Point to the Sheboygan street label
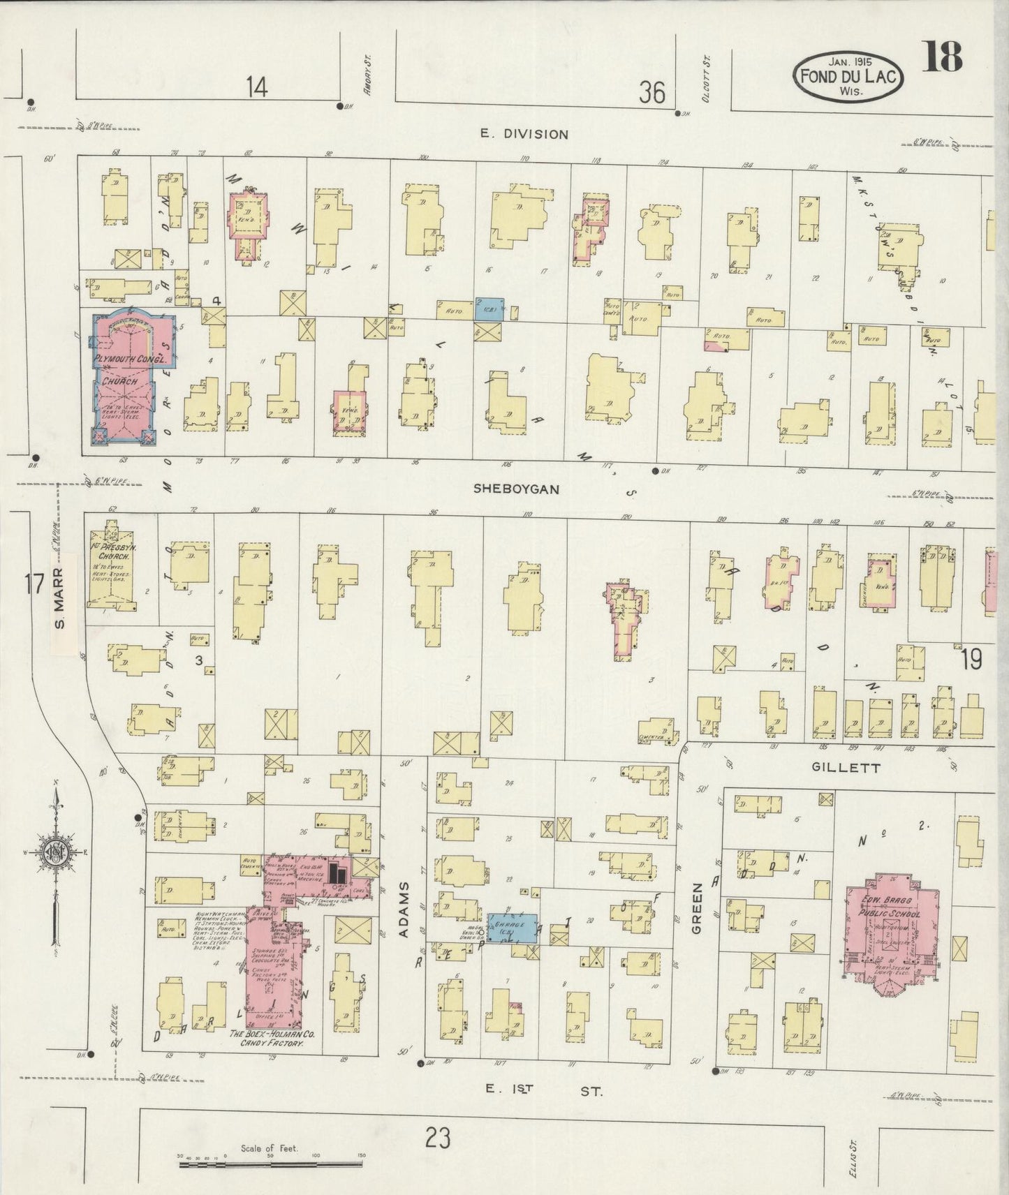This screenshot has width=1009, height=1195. point(516,489)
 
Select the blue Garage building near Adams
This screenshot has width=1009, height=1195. point(512,928)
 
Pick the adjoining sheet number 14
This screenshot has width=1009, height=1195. point(256,88)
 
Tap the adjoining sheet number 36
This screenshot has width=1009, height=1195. point(651,91)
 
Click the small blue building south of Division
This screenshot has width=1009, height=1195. point(489,309)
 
